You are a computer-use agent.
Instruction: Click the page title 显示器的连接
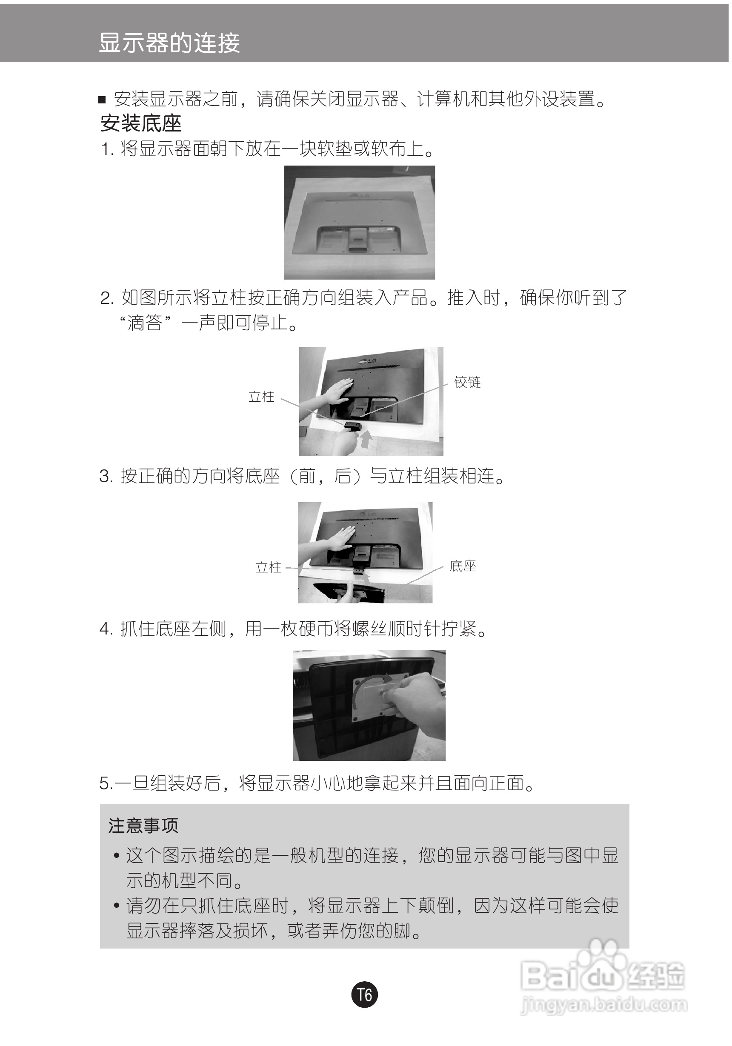(x=169, y=43)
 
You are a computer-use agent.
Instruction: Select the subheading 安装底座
(x=141, y=123)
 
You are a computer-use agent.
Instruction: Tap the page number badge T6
(x=364, y=995)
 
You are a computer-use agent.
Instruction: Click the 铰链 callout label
(x=467, y=382)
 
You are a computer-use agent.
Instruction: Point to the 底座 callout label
(x=463, y=566)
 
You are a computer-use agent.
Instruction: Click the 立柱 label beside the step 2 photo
(x=261, y=396)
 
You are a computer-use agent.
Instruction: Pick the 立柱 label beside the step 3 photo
(x=268, y=567)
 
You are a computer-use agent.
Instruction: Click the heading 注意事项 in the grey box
(x=143, y=826)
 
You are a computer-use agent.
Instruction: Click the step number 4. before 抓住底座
(x=106, y=629)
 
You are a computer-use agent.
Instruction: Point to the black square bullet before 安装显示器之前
(x=103, y=100)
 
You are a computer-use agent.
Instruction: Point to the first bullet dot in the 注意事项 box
(x=117, y=856)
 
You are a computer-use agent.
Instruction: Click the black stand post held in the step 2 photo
(x=353, y=427)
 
